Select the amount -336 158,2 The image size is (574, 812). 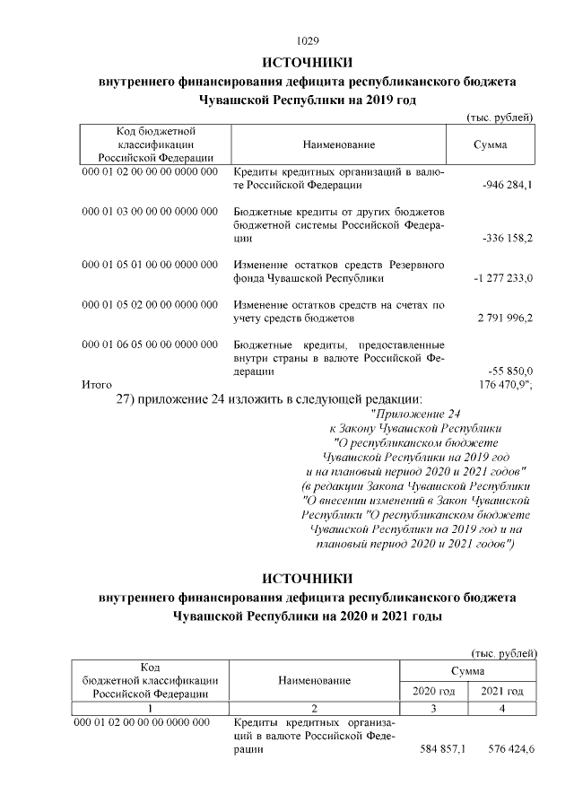[508, 240]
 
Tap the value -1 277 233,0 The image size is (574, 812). [503, 279]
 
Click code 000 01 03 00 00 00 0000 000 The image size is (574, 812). [150, 211]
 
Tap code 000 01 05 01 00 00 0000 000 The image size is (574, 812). [150, 265]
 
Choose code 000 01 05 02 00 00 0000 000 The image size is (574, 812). [150, 304]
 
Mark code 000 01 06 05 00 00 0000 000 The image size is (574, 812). [150, 344]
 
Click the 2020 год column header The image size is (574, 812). [434, 691]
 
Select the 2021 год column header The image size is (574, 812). [502, 691]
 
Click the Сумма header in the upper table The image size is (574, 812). [490, 144]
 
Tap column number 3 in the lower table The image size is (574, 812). [434, 708]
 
